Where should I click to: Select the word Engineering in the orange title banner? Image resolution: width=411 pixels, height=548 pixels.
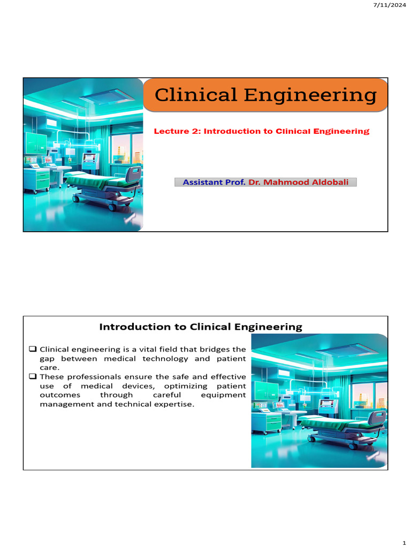[310, 95]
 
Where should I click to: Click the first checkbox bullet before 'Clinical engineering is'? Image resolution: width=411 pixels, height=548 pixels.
[33, 349]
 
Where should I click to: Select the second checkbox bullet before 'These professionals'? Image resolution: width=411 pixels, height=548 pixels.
[33, 376]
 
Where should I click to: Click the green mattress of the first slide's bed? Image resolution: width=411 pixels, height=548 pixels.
[102, 181]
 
